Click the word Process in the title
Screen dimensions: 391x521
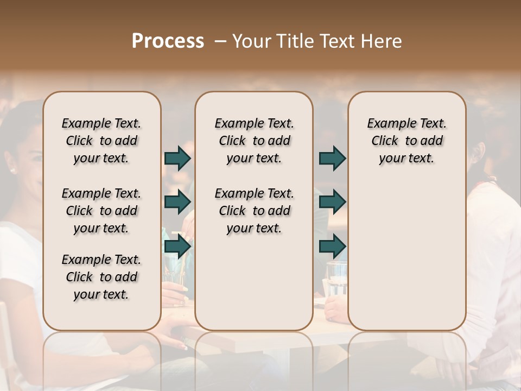(168, 41)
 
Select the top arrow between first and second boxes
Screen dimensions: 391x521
(177, 159)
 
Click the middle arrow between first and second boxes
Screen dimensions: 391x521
(177, 202)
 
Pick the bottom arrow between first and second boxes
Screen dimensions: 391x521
(177, 247)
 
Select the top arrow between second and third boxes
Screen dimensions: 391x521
(332, 159)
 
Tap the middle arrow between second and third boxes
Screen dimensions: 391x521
(332, 202)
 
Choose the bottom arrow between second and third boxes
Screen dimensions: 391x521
(332, 247)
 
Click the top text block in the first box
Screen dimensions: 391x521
(101, 141)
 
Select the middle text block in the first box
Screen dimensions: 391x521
(101, 211)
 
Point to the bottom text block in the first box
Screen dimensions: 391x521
(101, 277)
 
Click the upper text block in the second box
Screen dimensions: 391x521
(254, 141)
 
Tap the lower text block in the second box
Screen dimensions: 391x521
(254, 211)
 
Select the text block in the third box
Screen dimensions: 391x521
(406, 141)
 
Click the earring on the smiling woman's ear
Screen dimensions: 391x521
(12, 171)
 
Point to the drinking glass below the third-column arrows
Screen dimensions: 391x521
(336, 278)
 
